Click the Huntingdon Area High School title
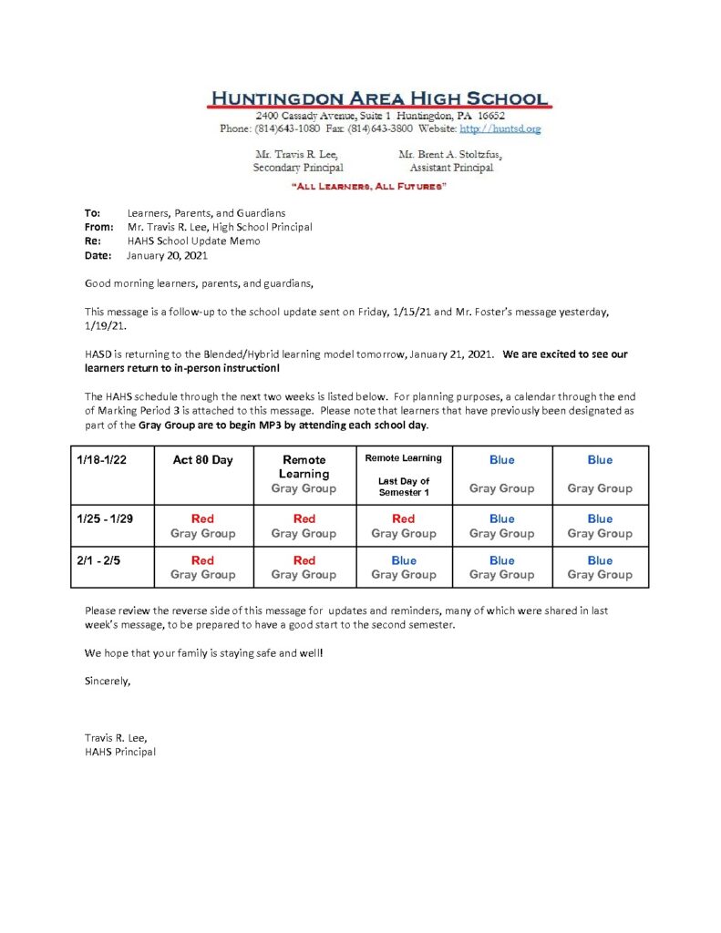(379, 98)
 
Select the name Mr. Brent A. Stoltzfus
(450, 155)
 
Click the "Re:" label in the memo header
(92, 241)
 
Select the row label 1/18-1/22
(102, 460)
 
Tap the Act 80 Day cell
(202, 460)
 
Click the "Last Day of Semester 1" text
(403, 487)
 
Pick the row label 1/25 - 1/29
(107, 518)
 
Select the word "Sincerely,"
(108, 681)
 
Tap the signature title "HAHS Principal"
(120, 752)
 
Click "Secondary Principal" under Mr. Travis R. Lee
(298, 168)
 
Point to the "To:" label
(92, 212)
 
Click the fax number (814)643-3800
(380, 129)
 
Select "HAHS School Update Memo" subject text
(194, 241)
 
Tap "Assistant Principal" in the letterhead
(451, 168)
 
